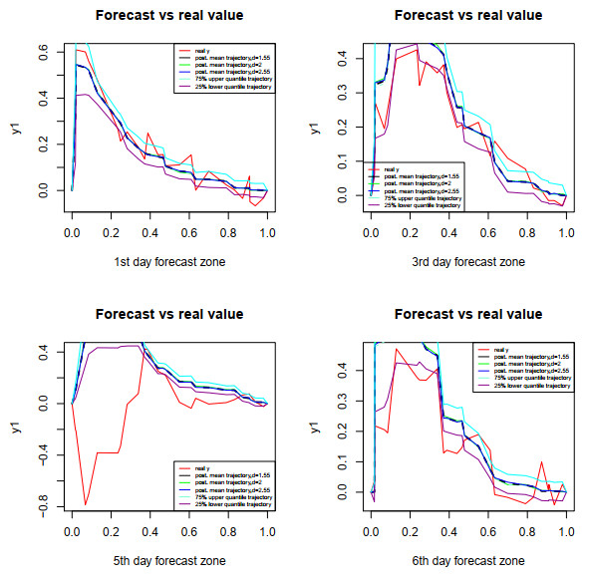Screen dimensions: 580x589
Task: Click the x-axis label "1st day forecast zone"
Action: (168, 262)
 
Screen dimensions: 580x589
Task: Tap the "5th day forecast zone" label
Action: (168, 561)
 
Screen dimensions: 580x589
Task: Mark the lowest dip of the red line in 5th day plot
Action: (86, 504)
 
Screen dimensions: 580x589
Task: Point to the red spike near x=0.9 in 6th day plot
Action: (541, 462)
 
